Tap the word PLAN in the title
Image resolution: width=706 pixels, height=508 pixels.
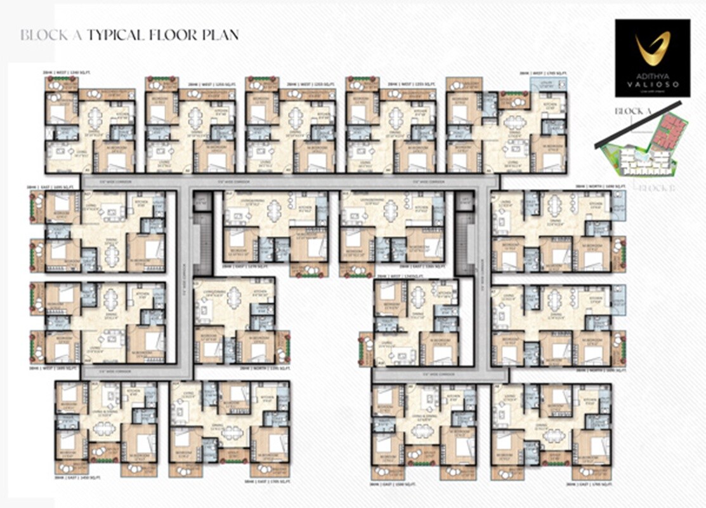219,34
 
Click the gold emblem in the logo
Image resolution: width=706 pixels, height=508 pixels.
653,49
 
